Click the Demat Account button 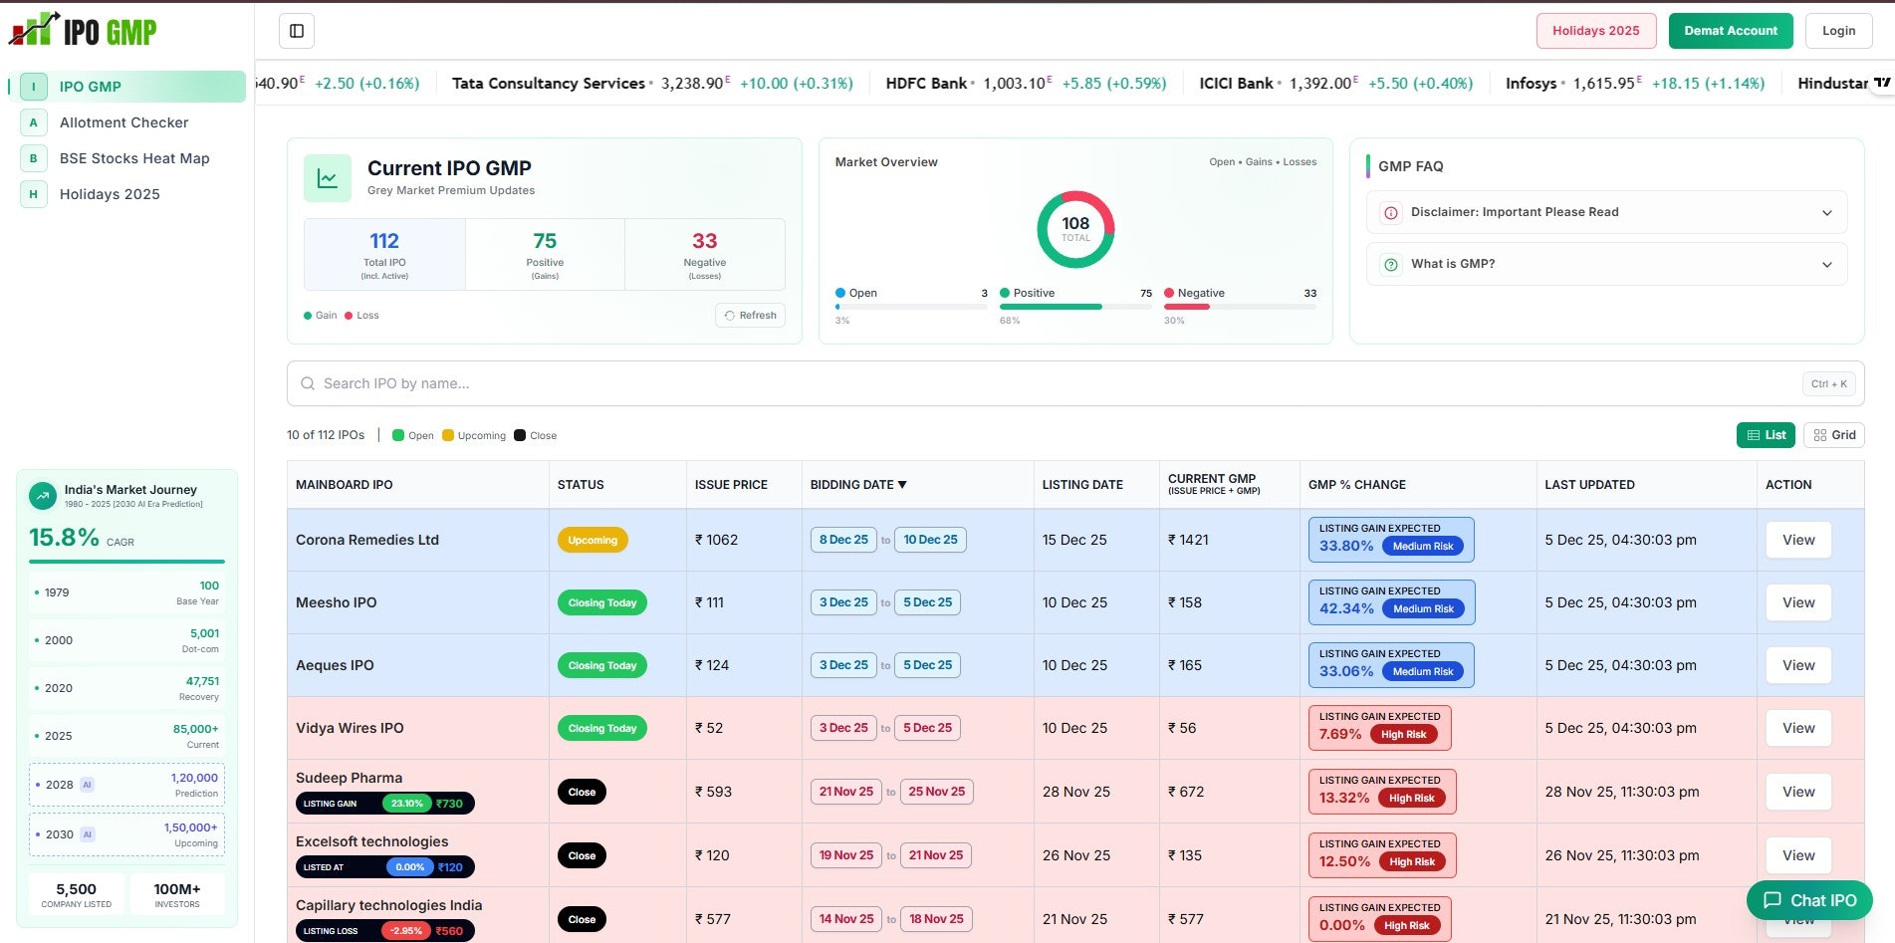pos(1730,31)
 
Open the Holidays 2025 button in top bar pos(1595,31)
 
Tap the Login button pos(1838,31)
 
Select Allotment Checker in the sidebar pos(123,122)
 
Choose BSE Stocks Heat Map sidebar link pos(134,158)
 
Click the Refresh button pos(750,316)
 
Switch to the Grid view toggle pos(1833,435)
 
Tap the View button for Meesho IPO pos(1797,602)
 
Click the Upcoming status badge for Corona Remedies pos(592,540)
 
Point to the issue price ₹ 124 pos(712,665)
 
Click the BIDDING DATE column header pos(857,485)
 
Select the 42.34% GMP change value pos(1346,608)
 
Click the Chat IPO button pos(1808,900)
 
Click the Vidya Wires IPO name pos(350,728)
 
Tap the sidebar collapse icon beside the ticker pos(297,31)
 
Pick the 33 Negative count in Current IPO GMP pos(704,241)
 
